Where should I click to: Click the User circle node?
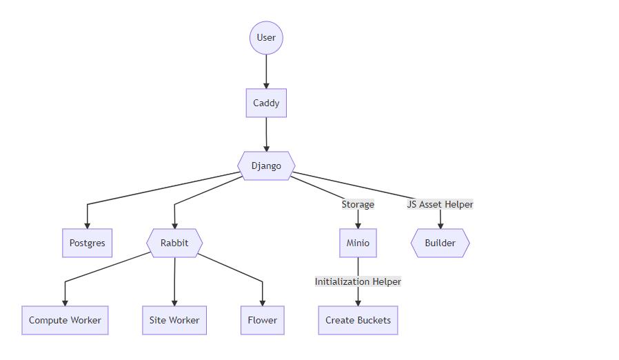[266, 37]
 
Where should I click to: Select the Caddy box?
[266, 103]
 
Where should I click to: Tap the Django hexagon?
[266, 166]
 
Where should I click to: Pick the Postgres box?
[87, 243]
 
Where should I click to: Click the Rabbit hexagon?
[174, 243]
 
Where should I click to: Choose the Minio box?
[358, 243]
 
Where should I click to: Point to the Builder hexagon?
[440, 243]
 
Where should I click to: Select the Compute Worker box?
[65, 320]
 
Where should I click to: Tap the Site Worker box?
[174, 320]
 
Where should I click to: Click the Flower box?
[263, 320]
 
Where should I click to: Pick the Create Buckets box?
[358, 320]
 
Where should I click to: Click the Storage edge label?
[358, 204]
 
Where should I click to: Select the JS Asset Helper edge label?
[440, 204]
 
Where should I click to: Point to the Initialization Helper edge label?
[358, 281]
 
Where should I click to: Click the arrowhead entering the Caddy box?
[266, 86]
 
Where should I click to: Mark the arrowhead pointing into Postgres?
[87, 226]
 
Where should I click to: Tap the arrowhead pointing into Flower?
[263, 303]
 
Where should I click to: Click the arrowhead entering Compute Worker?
[65, 303]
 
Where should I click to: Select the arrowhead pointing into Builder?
[440, 226]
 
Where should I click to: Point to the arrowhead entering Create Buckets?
[358, 303]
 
